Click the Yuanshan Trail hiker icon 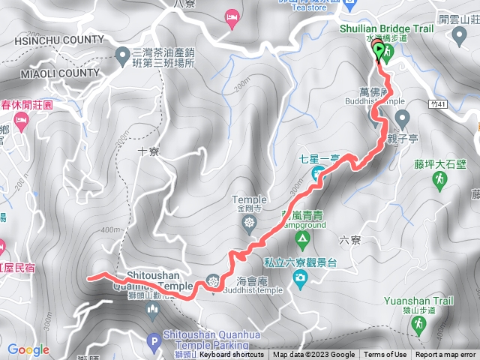[418, 324]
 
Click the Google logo [28, 349]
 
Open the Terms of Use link [385, 355]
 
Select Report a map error [445, 355]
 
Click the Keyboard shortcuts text [232, 355]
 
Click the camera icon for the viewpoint [301, 279]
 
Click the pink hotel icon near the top [232, 16]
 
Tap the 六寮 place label [349, 240]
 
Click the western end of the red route [90, 277]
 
